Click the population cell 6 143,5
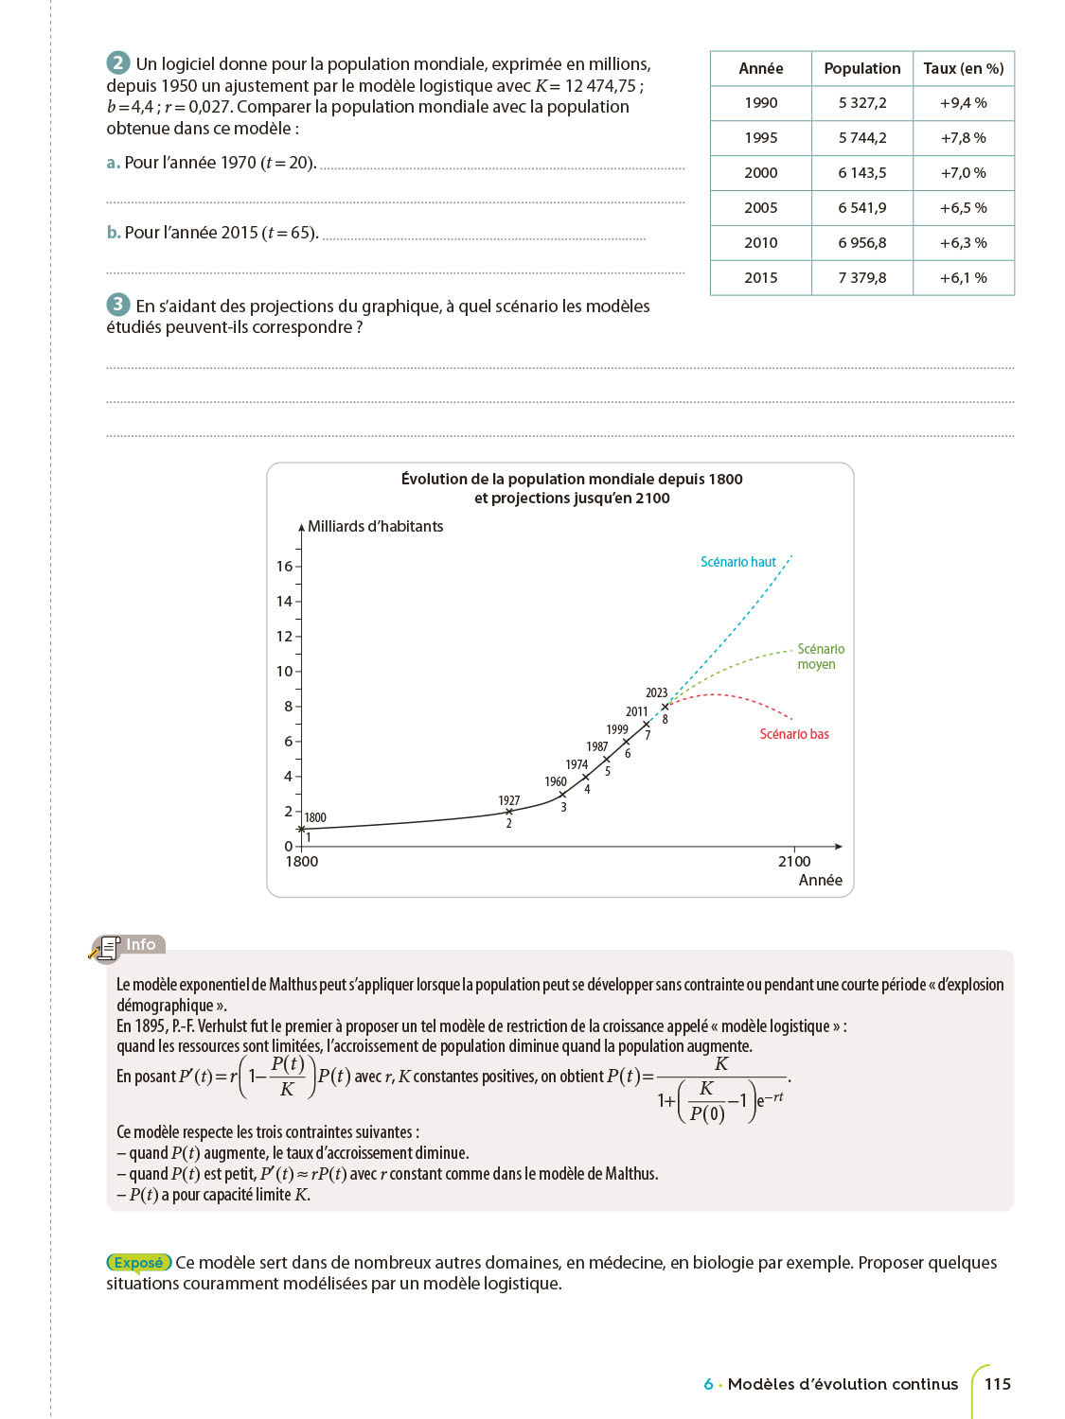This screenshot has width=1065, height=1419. (x=861, y=173)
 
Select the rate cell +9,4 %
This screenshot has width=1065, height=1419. (x=963, y=103)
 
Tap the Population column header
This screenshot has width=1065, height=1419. (x=861, y=68)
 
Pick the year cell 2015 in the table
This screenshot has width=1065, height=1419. (x=760, y=277)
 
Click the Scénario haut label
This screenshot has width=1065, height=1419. (x=737, y=562)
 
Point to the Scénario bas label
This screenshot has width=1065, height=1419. (x=793, y=734)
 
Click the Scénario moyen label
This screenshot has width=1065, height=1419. (x=820, y=657)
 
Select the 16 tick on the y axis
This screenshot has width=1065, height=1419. (x=284, y=567)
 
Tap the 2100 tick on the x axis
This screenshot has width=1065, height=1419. (x=793, y=861)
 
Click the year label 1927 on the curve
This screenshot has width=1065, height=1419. (x=508, y=800)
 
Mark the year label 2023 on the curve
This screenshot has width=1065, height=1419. (x=656, y=692)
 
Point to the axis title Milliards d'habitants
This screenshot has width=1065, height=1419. (x=375, y=526)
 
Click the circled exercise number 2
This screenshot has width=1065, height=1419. (x=117, y=63)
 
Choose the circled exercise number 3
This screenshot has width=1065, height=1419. (x=117, y=305)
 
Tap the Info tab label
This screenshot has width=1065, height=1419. (x=140, y=944)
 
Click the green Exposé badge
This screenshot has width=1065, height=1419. (x=138, y=1262)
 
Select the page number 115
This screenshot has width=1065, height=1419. (x=997, y=1384)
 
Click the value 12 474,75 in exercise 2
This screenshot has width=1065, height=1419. (x=601, y=86)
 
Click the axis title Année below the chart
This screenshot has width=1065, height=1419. (x=820, y=880)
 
